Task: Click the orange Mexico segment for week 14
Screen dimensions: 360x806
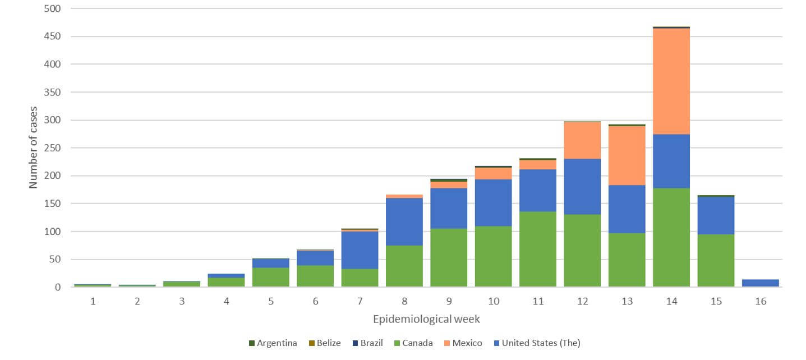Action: [x=671, y=81]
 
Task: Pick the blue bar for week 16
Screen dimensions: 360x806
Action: [x=760, y=283]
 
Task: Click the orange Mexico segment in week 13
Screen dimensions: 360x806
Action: [x=627, y=155]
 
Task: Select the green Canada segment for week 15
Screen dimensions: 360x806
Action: [x=716, y=261]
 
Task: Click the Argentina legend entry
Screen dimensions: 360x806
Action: [x=273, y=343]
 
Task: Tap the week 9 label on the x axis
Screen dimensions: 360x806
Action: [x=449, y=301]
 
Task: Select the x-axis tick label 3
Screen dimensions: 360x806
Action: [x=182, y=301]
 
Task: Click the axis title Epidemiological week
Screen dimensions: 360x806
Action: [x=426, y=319]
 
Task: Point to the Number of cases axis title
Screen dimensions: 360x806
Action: [x=33, y=147]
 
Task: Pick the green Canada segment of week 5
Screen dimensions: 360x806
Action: [x=270, y=278]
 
